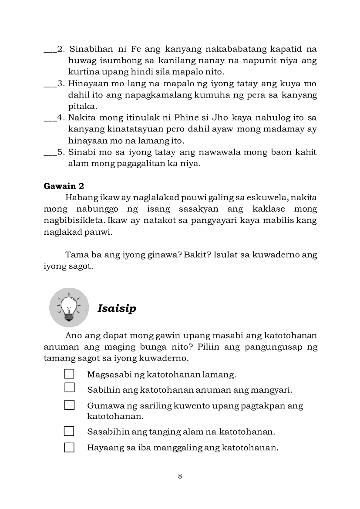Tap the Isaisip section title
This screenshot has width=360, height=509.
point(117,308)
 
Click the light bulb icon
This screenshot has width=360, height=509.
point(69,307)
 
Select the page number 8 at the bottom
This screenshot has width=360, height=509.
point(180,476)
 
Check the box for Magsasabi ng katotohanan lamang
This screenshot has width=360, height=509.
point(69,374)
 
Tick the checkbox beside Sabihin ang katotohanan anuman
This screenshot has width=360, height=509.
point(69,388)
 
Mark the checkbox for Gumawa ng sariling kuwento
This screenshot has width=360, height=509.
point(69,405)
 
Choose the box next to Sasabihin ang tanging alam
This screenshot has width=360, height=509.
point(69,431)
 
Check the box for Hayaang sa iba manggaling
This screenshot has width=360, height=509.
point(69,447)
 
